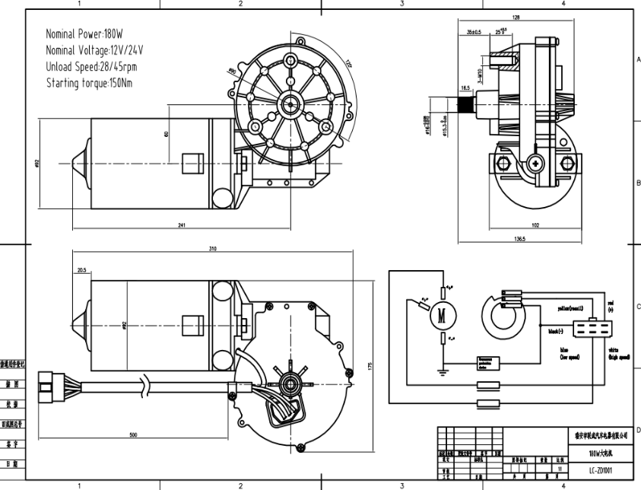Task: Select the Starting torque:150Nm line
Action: pyautogui.click(x=89, y=82)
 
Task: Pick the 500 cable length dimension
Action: pyautogui.click(x=134, y=434)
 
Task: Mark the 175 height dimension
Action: pyautogui.click(x=370, y=366)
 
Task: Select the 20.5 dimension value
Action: pyautogui.click(x=81, y=269)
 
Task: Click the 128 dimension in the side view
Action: pyautogui.click(x=516, y=17)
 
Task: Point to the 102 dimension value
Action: pyautogui.click(x=535, y=225)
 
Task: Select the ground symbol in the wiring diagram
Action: pyautogui.click(x=441, y=372)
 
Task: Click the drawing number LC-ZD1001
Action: pyautogui.click(x=601, y=471)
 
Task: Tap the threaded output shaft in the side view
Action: pyautogui.click(x=466, y=101)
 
